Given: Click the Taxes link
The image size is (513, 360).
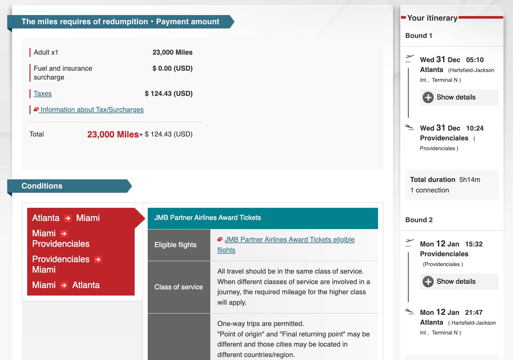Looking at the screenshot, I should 43,94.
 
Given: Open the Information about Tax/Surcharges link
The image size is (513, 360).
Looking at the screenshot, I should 92,110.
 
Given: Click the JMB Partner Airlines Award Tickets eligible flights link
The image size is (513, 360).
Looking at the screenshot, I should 289,240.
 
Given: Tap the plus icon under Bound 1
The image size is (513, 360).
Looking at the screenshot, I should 428,97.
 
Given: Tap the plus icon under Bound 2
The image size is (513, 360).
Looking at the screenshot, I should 428,281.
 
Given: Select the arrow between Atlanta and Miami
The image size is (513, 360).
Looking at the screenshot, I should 68,218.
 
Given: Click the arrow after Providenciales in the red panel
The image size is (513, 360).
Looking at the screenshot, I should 98,260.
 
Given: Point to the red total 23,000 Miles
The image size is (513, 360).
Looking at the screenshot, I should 113,135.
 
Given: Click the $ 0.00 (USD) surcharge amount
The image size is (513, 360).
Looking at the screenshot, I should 172,68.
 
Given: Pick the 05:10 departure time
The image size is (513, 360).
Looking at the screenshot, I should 475,60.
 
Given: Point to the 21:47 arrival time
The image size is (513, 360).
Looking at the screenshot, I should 474,313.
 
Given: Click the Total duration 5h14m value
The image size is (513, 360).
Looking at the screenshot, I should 469,180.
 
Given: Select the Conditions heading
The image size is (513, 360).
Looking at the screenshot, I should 42,186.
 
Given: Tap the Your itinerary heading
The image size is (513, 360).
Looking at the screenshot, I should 432,18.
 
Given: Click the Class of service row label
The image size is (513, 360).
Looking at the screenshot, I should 179,287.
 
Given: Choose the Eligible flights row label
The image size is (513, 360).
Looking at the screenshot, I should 175,245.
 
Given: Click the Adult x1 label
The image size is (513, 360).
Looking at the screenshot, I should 46,52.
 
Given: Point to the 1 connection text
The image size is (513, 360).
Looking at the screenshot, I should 429,190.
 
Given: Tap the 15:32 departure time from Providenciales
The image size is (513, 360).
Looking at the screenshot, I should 474,244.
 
